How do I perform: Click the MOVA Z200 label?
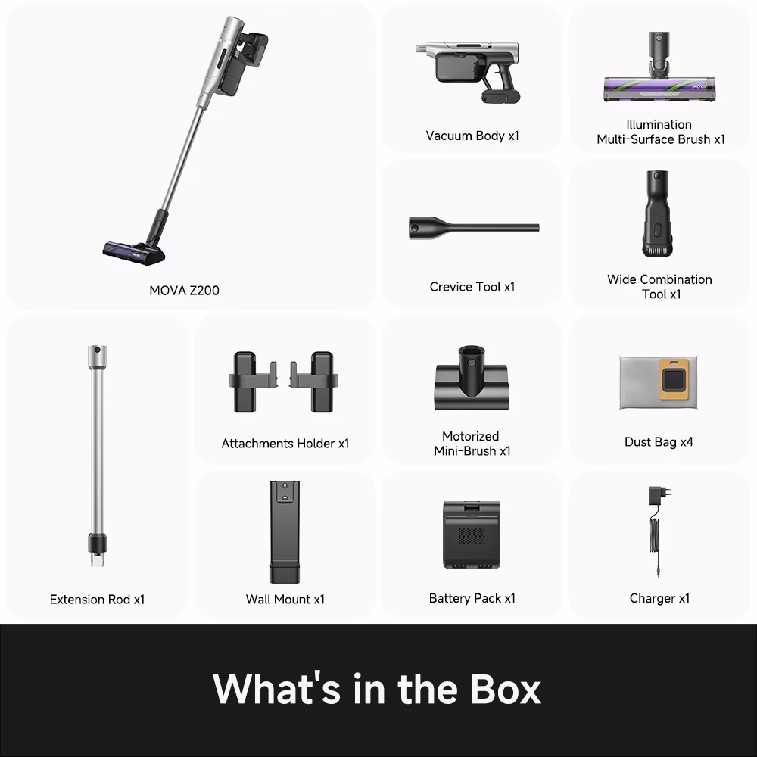184,290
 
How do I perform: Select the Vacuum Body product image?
467,72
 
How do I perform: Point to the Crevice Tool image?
474,227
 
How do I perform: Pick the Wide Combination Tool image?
658,213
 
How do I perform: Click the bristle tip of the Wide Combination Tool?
658,251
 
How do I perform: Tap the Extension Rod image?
97,455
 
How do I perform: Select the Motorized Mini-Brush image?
471,378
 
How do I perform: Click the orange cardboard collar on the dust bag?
678,379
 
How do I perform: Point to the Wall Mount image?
285,531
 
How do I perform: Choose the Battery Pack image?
472,534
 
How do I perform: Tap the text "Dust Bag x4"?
659,442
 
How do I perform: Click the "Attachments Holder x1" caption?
285,443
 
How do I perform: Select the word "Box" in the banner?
506,689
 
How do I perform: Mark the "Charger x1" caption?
659,598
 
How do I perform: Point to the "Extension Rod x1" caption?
97,599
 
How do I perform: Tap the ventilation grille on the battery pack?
472,535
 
